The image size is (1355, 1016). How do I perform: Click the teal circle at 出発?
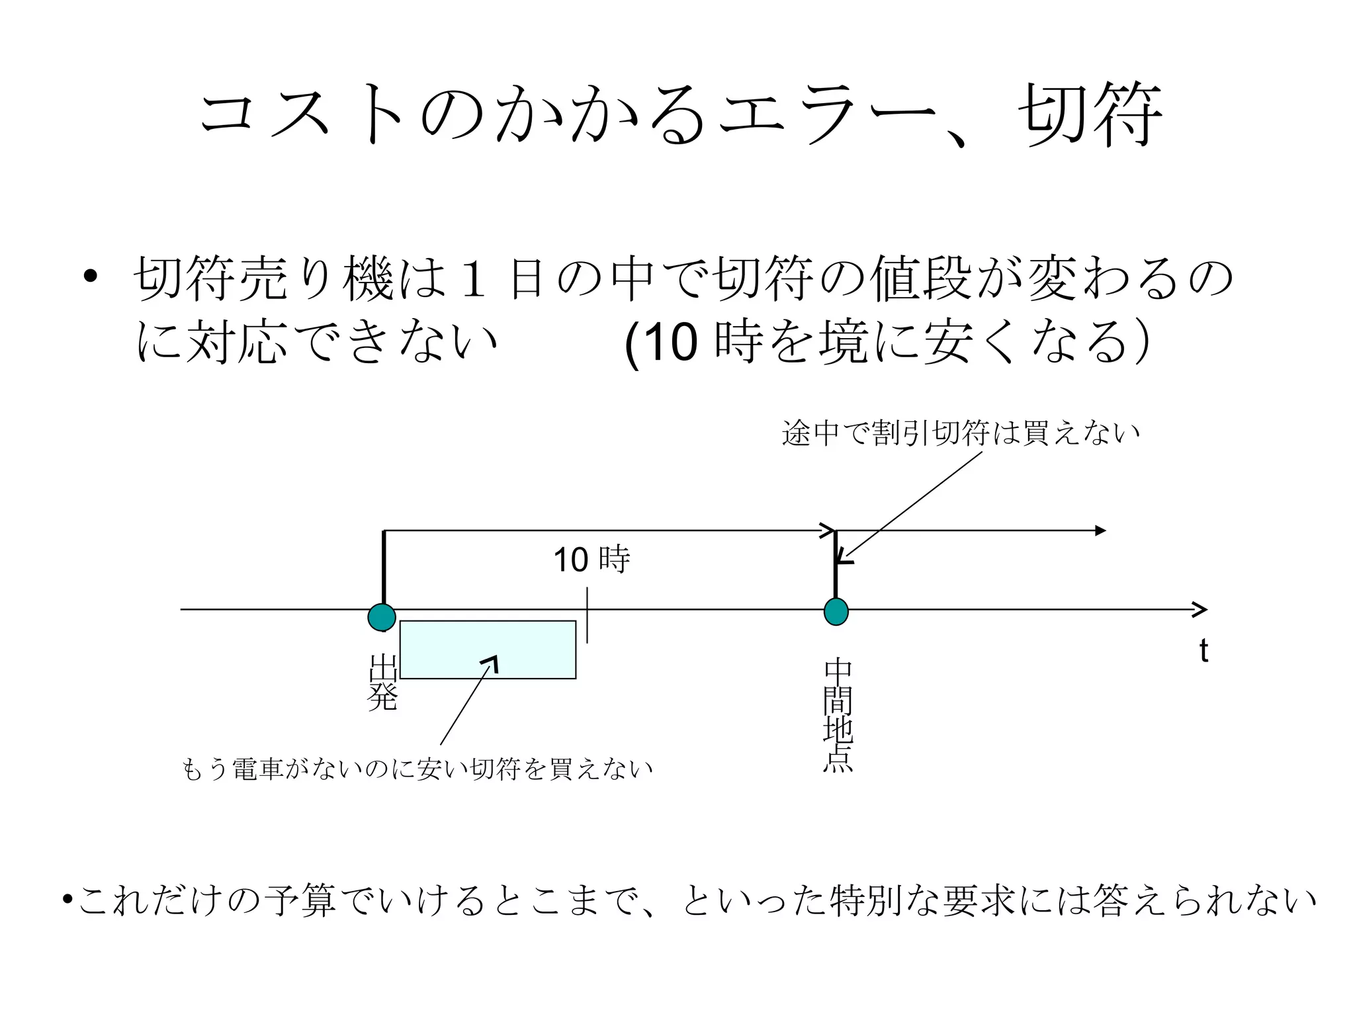(382, 617)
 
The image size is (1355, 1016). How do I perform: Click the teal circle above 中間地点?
(836, 611)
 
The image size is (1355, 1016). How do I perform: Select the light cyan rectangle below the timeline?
(488, 650)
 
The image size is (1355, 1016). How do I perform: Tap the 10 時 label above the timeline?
(591, 560)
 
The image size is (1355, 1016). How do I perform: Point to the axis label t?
(1203, 652)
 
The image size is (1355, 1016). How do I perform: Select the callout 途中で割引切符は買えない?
(961, 433)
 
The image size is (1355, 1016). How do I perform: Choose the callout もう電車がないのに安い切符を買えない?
(417, 769)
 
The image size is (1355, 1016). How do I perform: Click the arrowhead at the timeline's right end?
(1200, 609)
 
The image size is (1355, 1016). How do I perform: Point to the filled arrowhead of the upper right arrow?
(1100, 530)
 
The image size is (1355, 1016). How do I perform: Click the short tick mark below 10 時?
(587, 616)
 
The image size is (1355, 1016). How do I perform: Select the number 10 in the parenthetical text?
(670, 343)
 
